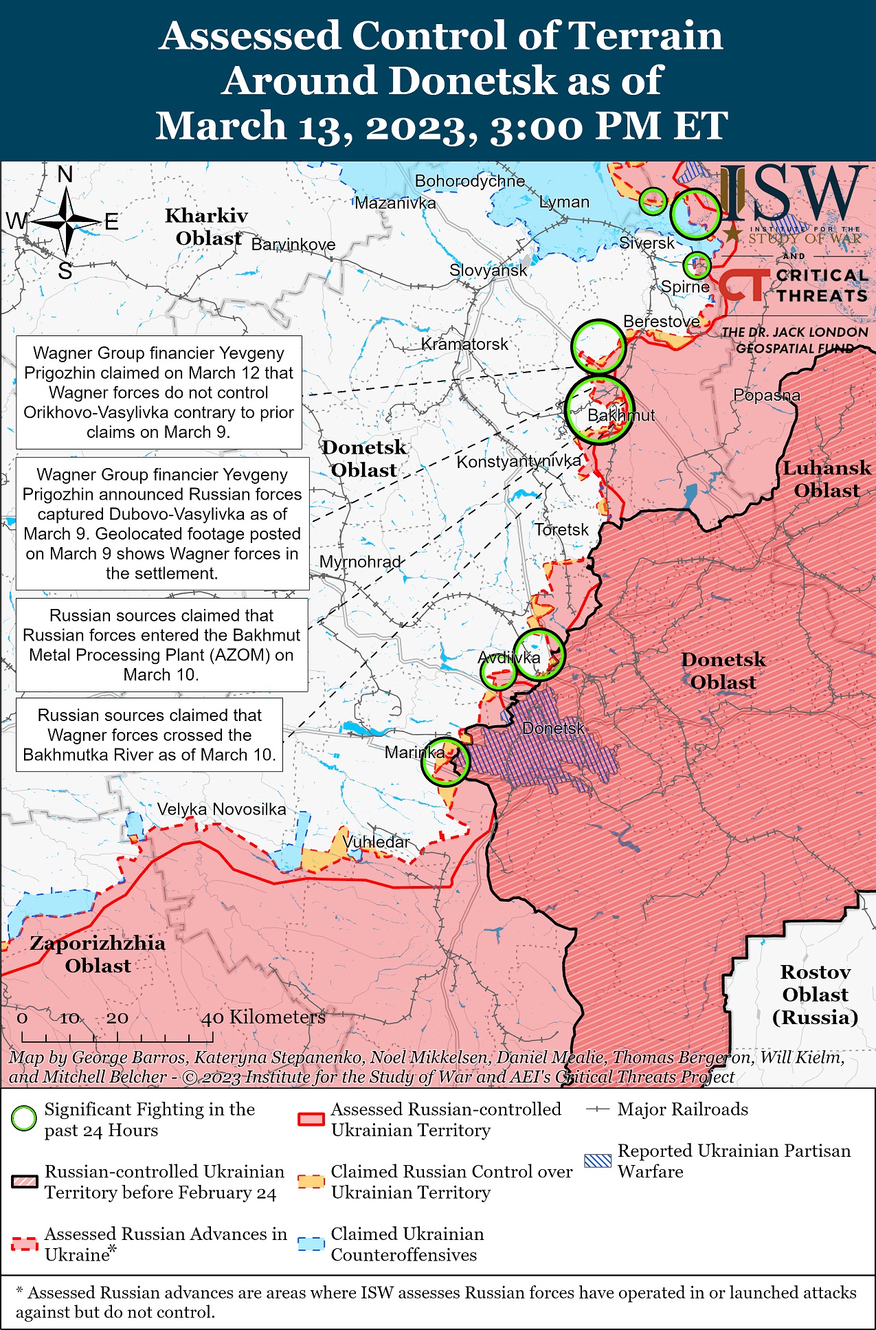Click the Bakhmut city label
621,415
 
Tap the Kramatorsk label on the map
464,344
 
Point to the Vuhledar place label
376,841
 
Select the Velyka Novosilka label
221,809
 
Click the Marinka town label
414,752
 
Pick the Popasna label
767,395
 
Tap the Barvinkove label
293,245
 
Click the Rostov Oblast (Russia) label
815,994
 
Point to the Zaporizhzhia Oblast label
98,954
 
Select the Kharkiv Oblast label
206,226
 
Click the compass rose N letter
65,175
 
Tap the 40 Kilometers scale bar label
263,1017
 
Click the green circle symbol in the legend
24,1118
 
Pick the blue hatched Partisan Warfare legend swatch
597,1161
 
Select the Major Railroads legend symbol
598,1109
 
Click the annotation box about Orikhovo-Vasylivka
159,392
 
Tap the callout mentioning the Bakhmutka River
149,735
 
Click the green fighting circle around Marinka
445,762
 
